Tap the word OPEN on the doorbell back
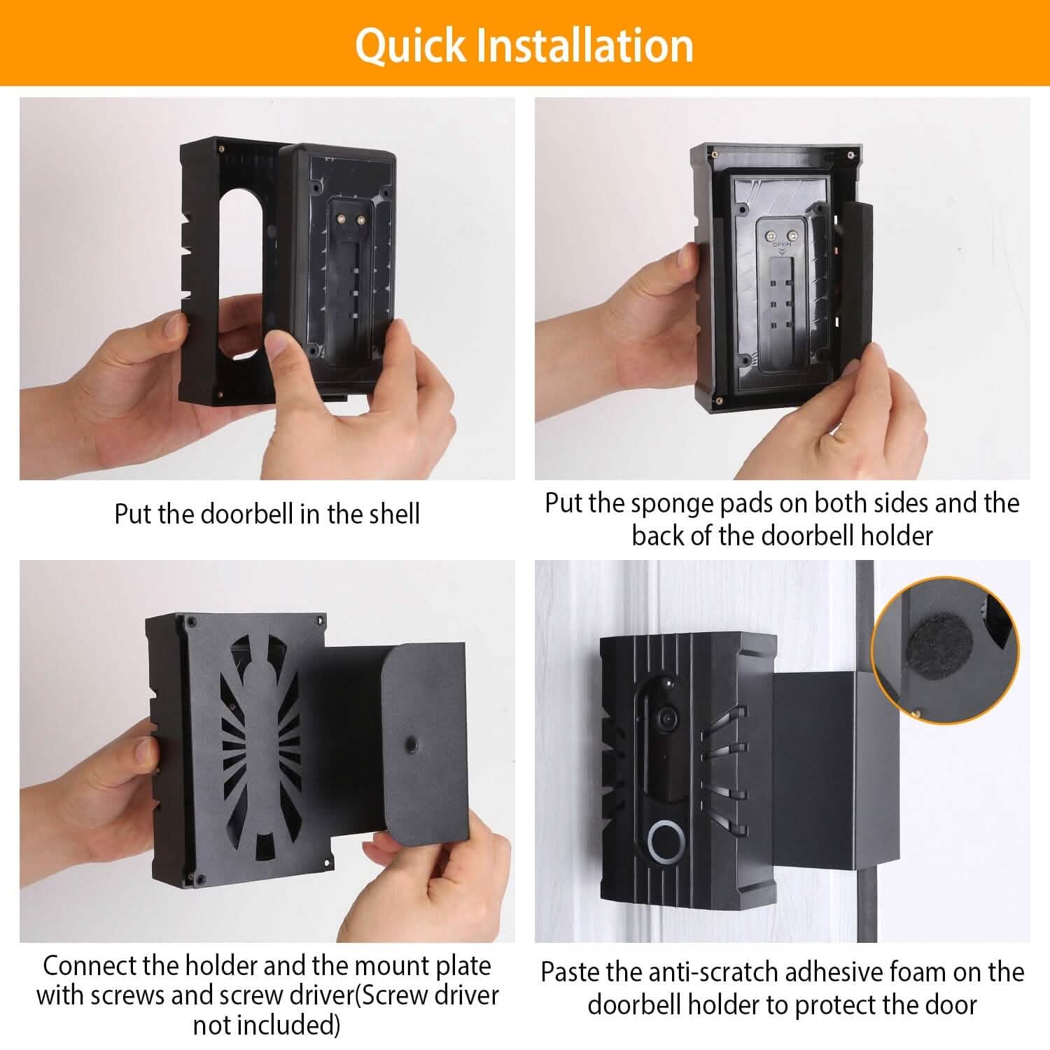pos(781,245)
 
